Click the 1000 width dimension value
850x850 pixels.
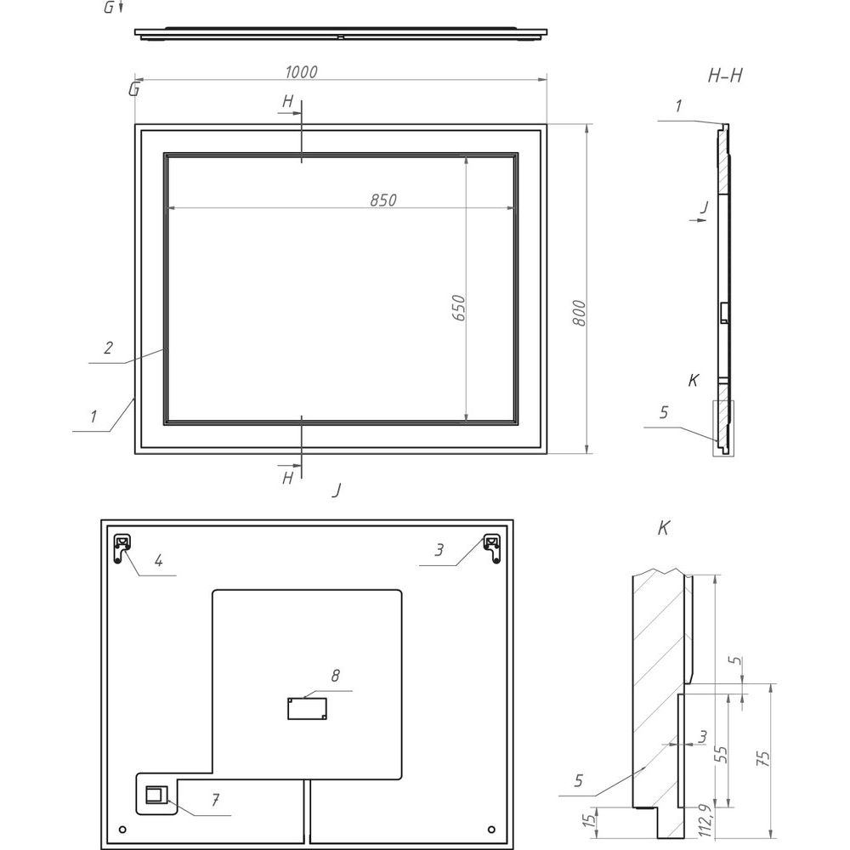pyautogui.click(x=302, y=71)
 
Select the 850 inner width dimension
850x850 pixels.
pyautogui.click(x=383, y=200)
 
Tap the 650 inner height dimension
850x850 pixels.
pyautogui.click(x=459, y=308)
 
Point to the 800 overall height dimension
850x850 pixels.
pyautogui.click(x=579, y=313)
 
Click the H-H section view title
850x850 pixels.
pyautogui.click(x=725, y=76)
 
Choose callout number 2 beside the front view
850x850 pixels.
pyautogui.click(x=109, y=348)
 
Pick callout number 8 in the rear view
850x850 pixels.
pyautogui.click(x=336, y=676)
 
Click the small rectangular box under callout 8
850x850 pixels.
pyautogui.click(x=307, y=709)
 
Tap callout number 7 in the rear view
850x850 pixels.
pyautogui.click(x=216, y=800)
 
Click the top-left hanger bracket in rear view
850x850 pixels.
pyautogui.click(x=122, y=548)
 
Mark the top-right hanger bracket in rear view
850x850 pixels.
pyautogui.click(x=492, y=548)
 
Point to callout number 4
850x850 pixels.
pyautogui.click(x=158, y=560)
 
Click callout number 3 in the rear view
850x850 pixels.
pyautogui.click(x=439, y=550)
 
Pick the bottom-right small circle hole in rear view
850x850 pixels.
pyautogui.click(x=491, y=830)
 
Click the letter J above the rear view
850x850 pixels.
pyautogui.click(x=337, y=490)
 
